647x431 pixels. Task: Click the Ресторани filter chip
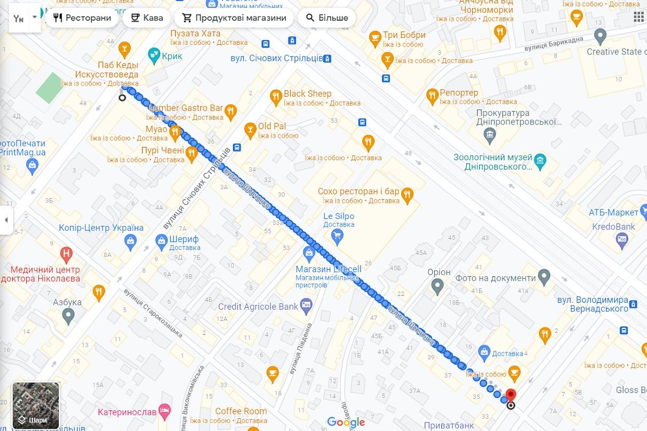[82, 18]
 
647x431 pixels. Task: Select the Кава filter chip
[146, 18]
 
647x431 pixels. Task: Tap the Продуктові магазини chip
[233, 18]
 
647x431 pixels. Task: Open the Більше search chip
[326, 18]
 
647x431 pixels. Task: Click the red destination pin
[510, 396]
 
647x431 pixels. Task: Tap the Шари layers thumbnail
[36, 405]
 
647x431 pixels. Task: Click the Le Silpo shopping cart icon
[337, 235]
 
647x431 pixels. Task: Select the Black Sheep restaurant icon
[276, 97]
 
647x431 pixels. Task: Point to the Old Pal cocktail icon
[250, 129]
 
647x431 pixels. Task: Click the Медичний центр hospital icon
[66, 253]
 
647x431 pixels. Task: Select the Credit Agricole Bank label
[258, 307]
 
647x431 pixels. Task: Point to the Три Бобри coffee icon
[375, 38]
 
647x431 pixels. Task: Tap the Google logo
[346, 422]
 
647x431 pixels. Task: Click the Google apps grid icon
[638, 17]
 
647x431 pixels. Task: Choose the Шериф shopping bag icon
[161, 242]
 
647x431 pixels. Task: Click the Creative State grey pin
[601, 36]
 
